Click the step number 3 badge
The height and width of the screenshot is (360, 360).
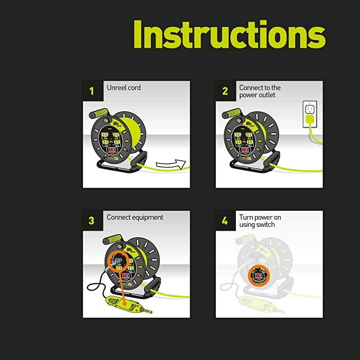point(92,220)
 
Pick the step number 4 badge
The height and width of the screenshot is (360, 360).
point(225,220)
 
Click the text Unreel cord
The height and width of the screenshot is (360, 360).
point(124,88)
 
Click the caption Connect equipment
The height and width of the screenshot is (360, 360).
point(135,217)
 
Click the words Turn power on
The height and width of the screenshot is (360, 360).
point(260,217)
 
